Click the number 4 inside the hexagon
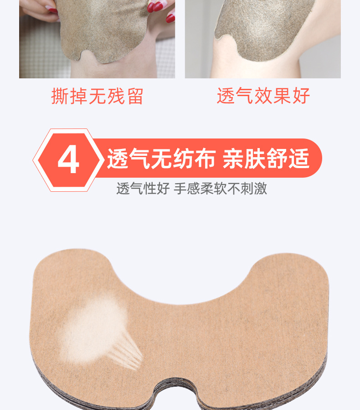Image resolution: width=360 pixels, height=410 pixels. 68,160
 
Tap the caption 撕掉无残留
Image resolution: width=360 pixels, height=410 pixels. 97,97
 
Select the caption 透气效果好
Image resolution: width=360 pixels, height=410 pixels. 263,97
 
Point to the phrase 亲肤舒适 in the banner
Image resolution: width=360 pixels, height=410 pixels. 266,159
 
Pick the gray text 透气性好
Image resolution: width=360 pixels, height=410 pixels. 143,189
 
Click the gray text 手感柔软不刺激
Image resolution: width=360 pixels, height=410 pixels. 221,189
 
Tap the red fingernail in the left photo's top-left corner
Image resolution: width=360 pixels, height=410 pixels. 51,9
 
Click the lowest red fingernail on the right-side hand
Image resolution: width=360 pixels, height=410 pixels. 170,18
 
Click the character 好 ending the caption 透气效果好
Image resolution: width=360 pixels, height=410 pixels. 301,97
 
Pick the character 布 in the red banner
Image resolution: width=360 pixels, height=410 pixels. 206,159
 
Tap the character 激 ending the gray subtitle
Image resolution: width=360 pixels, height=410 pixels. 261,189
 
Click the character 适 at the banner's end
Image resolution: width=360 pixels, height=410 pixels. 299,159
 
